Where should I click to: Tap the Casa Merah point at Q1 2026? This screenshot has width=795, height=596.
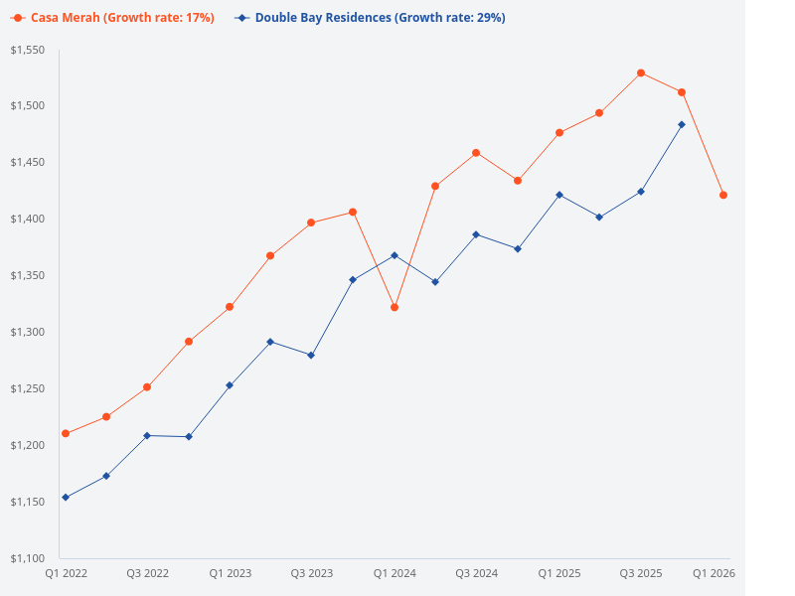coord(723,195)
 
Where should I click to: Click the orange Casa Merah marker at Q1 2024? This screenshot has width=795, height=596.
coord(395,307)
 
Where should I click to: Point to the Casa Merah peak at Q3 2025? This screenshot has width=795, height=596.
coord(641,73)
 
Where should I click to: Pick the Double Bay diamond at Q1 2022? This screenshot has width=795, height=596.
coord(66,497)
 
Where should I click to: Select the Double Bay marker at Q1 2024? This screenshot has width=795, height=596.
coord(395,255)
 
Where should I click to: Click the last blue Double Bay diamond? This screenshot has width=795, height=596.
coord(682,124)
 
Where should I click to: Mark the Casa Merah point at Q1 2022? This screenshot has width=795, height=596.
coord(66,433)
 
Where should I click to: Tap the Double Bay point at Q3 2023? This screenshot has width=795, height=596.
coord(311,355)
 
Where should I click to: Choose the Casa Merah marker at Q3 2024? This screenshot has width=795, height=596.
coord(476,153)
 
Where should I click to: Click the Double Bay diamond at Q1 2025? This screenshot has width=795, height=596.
coord(559,195)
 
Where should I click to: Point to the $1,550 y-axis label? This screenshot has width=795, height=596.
coord(29,50)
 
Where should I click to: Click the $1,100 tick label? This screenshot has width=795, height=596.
coord(29,558)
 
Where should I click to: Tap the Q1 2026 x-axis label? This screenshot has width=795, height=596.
coord(714,573)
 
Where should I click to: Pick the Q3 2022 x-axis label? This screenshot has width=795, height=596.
coord(147,573)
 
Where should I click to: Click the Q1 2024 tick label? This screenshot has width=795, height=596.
coord(395,573)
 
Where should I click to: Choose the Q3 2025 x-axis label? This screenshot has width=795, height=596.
coord(641,573)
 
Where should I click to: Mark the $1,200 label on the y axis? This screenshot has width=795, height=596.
coord(29,445)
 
